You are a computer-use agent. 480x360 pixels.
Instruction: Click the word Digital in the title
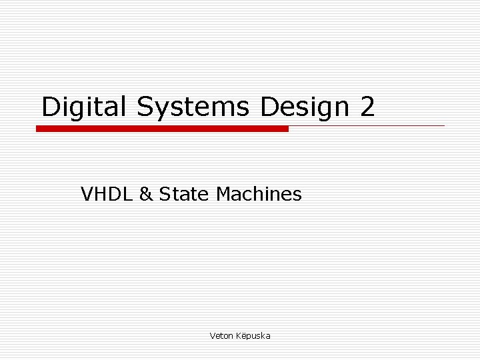pyautogui.click(x=85, y=107)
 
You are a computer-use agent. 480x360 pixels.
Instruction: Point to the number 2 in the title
pyautogui.click(x=367, y=107)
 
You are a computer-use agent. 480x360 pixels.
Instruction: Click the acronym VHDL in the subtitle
pyautogui.click(x=107, y=195)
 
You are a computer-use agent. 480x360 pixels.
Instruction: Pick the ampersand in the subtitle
pyautogui.click(x=146, y=195)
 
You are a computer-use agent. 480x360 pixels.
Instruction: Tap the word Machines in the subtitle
pyautogui.click(x=259, y=195)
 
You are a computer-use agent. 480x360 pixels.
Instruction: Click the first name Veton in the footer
pyautogui.click(x=221, y=336)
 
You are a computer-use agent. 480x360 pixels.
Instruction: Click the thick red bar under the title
pyautogui.click(x=162, y=129)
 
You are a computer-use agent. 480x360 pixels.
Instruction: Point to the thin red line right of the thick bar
pyautogui.click(x=367, y=125)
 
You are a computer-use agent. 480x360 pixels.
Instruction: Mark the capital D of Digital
pyautogui.click(x=51, y=107)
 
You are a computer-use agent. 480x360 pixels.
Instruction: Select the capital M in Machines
pyautogui.click(x=224, y=195)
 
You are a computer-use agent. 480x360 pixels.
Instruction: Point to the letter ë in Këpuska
pyautogui.click(x=243, y=336)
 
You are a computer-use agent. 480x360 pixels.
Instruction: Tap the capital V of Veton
pyautogui.click(x=212, y=336)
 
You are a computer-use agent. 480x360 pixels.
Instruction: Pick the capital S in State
pyautogui.click(x=164, y=195)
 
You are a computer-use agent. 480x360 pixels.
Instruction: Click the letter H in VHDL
pyautogui.click(x=97, y=195)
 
